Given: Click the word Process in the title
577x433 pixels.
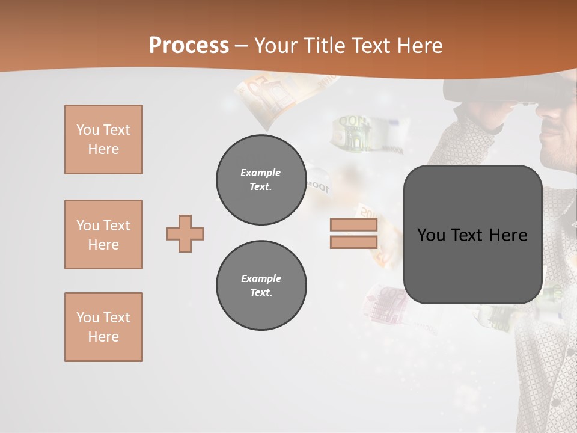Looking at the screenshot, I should click(x=189, y=46).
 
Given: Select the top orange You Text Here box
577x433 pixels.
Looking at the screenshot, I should click(x=103, y=140).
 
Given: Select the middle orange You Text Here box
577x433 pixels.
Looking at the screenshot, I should click(x=103, y=235).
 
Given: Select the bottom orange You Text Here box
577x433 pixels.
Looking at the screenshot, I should click(x=103, y=327).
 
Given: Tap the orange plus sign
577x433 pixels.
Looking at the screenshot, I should click(x=185, y=233).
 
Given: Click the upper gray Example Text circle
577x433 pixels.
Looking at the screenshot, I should click(x=261, y=180).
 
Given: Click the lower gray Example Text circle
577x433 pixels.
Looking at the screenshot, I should click(x=261, y=286).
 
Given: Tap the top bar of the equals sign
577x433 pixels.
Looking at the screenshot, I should click(x=353, y=225).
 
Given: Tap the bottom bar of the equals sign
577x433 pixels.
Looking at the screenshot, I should click(x=353, y=242).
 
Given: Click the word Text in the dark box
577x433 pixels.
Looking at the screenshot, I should click(x=469, y=235).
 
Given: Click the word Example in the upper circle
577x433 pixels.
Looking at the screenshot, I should click(x=261, y=173).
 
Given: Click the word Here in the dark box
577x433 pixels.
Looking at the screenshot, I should click(x=508, y=235).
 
